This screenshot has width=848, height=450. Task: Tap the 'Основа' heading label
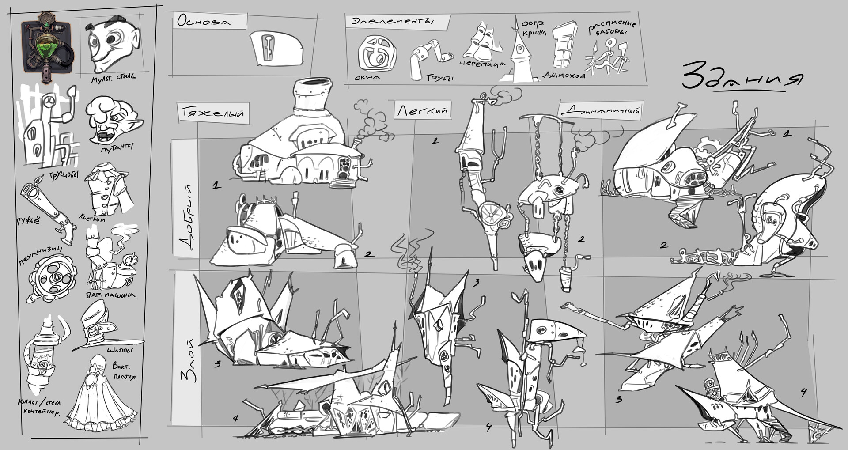pyautogui.click(x=204, y=21)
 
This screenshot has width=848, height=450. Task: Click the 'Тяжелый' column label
pyautogui.click(x=212, y=113)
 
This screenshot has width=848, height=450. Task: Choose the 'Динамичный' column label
pyautogui.click(x=601, y=110)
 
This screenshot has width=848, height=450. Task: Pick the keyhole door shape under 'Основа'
pyautogui.click(x=276, y=48)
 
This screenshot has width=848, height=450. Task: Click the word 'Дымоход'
pyautogui.click(x=564, y=76)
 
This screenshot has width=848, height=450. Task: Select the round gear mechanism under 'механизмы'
pyautogui.click(x=52, y=278)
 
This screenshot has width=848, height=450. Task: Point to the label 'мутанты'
pyautogui.click(x=117, y=147)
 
